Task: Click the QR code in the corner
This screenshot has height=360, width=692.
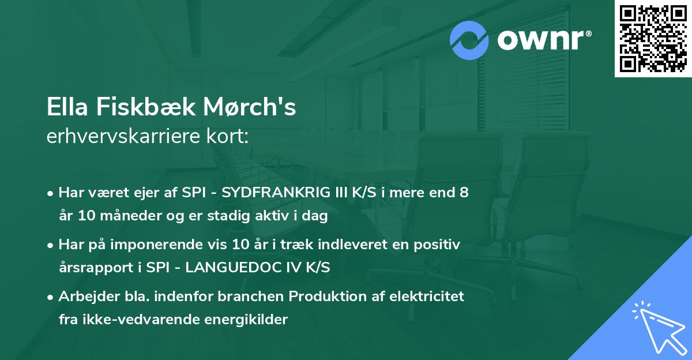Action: (x=653, y=39)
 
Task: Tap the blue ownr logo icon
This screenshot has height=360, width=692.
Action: (x=469, y=40)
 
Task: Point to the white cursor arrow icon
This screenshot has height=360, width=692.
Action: (x=659, y=327)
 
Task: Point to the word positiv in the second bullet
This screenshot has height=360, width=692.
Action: (x=441, y=245)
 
